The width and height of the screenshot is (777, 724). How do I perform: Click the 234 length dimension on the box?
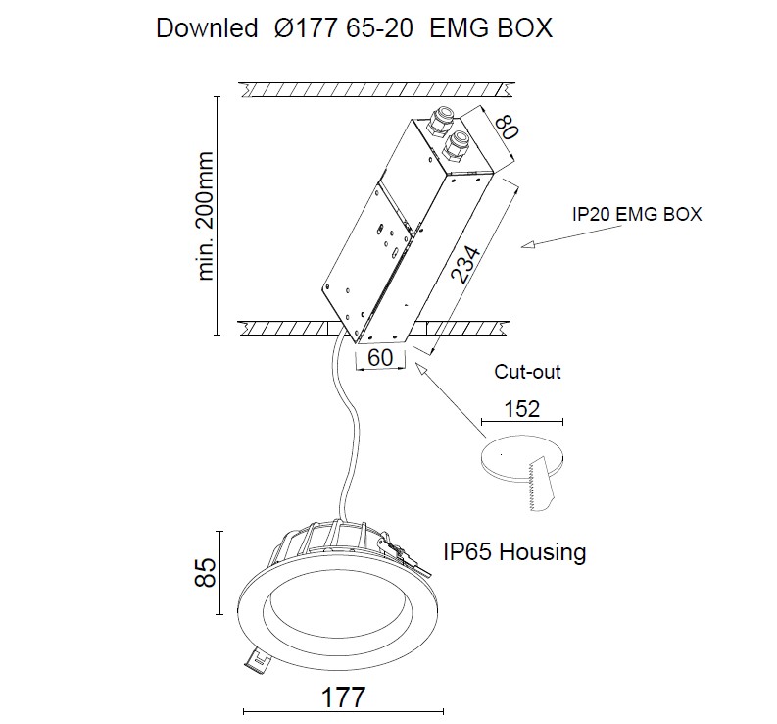tap(466, 265)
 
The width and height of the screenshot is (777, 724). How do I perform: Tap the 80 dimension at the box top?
tap(507, 127)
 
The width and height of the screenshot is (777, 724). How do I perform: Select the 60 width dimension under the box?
tap(380, 358)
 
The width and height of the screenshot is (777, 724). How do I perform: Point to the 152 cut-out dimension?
tap(521, 409)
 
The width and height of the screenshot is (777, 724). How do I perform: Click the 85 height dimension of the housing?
tap(205, 573)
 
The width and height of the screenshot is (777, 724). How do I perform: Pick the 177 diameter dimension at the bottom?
tap(343, 698)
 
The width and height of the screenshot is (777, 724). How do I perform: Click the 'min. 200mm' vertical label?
tap(205, 216)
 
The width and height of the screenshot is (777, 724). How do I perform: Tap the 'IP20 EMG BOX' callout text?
tap(637, 214)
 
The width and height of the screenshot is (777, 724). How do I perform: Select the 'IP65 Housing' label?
tap(514, 551)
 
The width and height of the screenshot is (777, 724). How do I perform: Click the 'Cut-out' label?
tap(527, 372)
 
